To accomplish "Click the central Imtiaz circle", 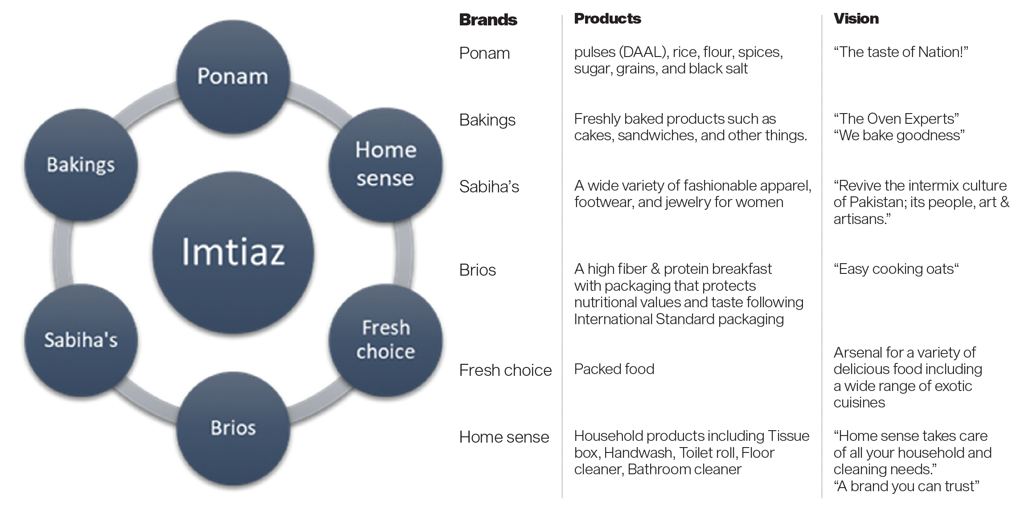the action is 233,252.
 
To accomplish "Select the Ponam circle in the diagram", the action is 233,77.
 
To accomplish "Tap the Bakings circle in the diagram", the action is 81,165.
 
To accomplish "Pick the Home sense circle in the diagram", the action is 385,165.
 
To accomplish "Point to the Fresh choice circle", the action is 385,340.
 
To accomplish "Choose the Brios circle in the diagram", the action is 233,428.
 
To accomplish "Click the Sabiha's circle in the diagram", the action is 81,340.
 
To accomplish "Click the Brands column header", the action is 488,20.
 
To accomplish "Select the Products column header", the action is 607,18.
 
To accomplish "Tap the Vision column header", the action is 856,18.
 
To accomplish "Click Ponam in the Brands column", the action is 484,53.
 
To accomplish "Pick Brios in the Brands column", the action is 477,270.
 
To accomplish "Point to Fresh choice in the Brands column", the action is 505,370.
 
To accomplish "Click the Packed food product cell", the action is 614,369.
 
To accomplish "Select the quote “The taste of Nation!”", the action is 901,52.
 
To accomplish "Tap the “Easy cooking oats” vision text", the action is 896,269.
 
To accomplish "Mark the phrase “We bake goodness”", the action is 899,135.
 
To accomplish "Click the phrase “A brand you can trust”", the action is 906,486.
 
